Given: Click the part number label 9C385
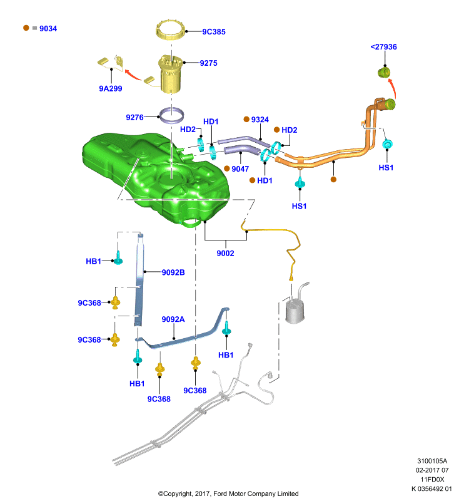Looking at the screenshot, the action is click(x=214, y=32).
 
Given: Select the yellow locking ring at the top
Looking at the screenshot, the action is click(x=171, y=29).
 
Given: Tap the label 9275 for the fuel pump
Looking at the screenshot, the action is click(x=209, y=63).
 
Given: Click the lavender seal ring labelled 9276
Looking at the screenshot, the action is click(x=171, y=115).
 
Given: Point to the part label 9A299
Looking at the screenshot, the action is click(x=110, y=88).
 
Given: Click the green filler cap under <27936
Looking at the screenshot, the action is click(x=384, y=72).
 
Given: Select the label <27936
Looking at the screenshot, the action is click(x=384, y=46).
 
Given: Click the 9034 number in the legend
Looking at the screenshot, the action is click(x=48, y=28).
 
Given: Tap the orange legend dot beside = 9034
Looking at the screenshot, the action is click(x=26, y=28).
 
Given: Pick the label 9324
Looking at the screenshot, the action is click(x=260, y=120).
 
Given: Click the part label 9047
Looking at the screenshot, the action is click(x=240, y=168).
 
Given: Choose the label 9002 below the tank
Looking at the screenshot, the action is click(x=225, y=253).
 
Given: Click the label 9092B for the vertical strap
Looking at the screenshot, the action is click(x=173, y=272).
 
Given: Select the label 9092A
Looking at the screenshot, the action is click(x=173, y=319).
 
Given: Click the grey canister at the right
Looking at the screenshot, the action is click(x=295, y=311).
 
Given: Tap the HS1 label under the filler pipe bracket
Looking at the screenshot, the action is click(x=299, y=206).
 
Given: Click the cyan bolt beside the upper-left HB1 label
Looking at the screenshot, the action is click(x=118, y=259).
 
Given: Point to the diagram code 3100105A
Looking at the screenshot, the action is click(x=432, y=461).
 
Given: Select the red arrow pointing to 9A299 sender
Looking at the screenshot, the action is click(x=133, y=75).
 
